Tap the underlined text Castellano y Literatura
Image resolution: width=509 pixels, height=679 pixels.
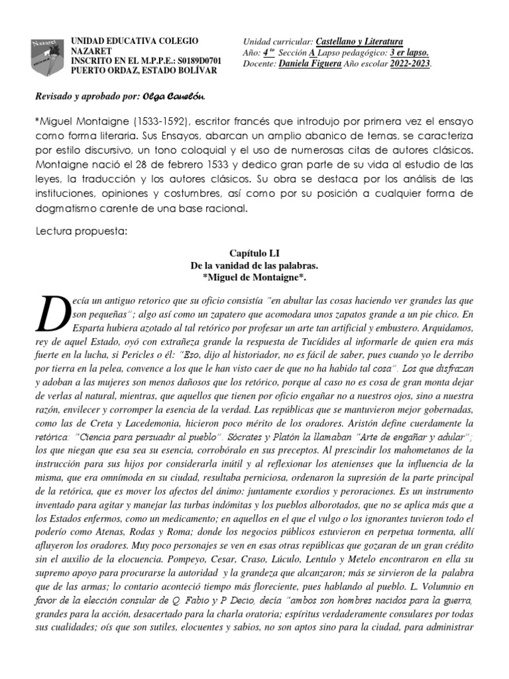tap(359, 41)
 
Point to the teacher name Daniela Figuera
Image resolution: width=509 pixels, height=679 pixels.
tap(310, 64)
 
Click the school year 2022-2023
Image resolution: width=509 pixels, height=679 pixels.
tap(410, 64)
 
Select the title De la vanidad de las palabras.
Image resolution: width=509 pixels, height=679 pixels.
tap(254, 265)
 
